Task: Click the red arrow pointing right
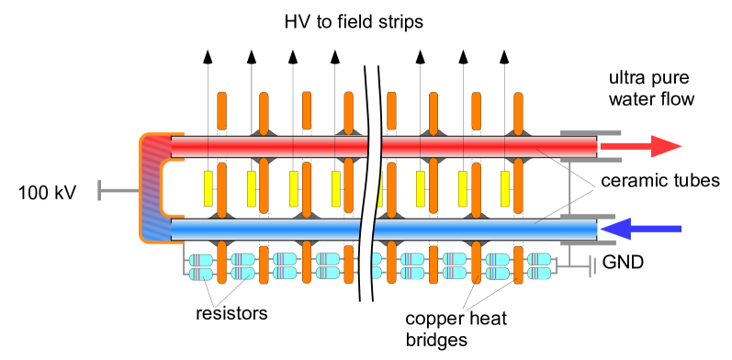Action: [x=643, y=147]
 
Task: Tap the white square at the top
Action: [x=371, y=55]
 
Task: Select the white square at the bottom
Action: [x=364, y=311]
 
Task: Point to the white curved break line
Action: [x=371, y=184]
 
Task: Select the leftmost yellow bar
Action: [x=208, y=188]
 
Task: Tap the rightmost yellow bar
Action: [x=505, y=188]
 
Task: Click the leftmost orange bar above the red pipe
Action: [x=222, y=110]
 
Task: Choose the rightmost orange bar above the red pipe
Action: [x=518, y=112]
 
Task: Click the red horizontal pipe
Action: [x=276, y=147]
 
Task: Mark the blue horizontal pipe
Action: [x=276, y=229]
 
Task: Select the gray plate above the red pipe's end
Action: [x=591, y=132]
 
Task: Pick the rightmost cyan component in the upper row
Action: [x=539, y=259]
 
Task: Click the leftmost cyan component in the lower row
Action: [x=201, y=274]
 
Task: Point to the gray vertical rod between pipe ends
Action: [x=569, y=188]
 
